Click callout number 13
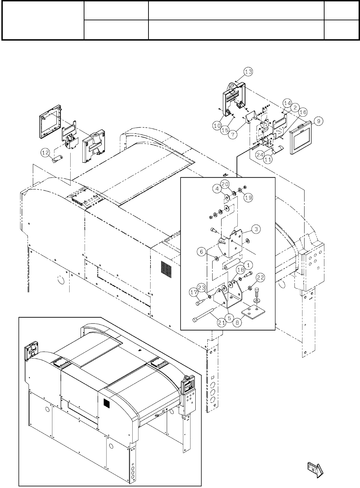[x=248, y=72]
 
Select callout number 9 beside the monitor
[x=318, y=121]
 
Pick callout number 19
[x=248, y=198]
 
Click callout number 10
[x=217, y=126]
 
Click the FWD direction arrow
[x=314, y=468]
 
